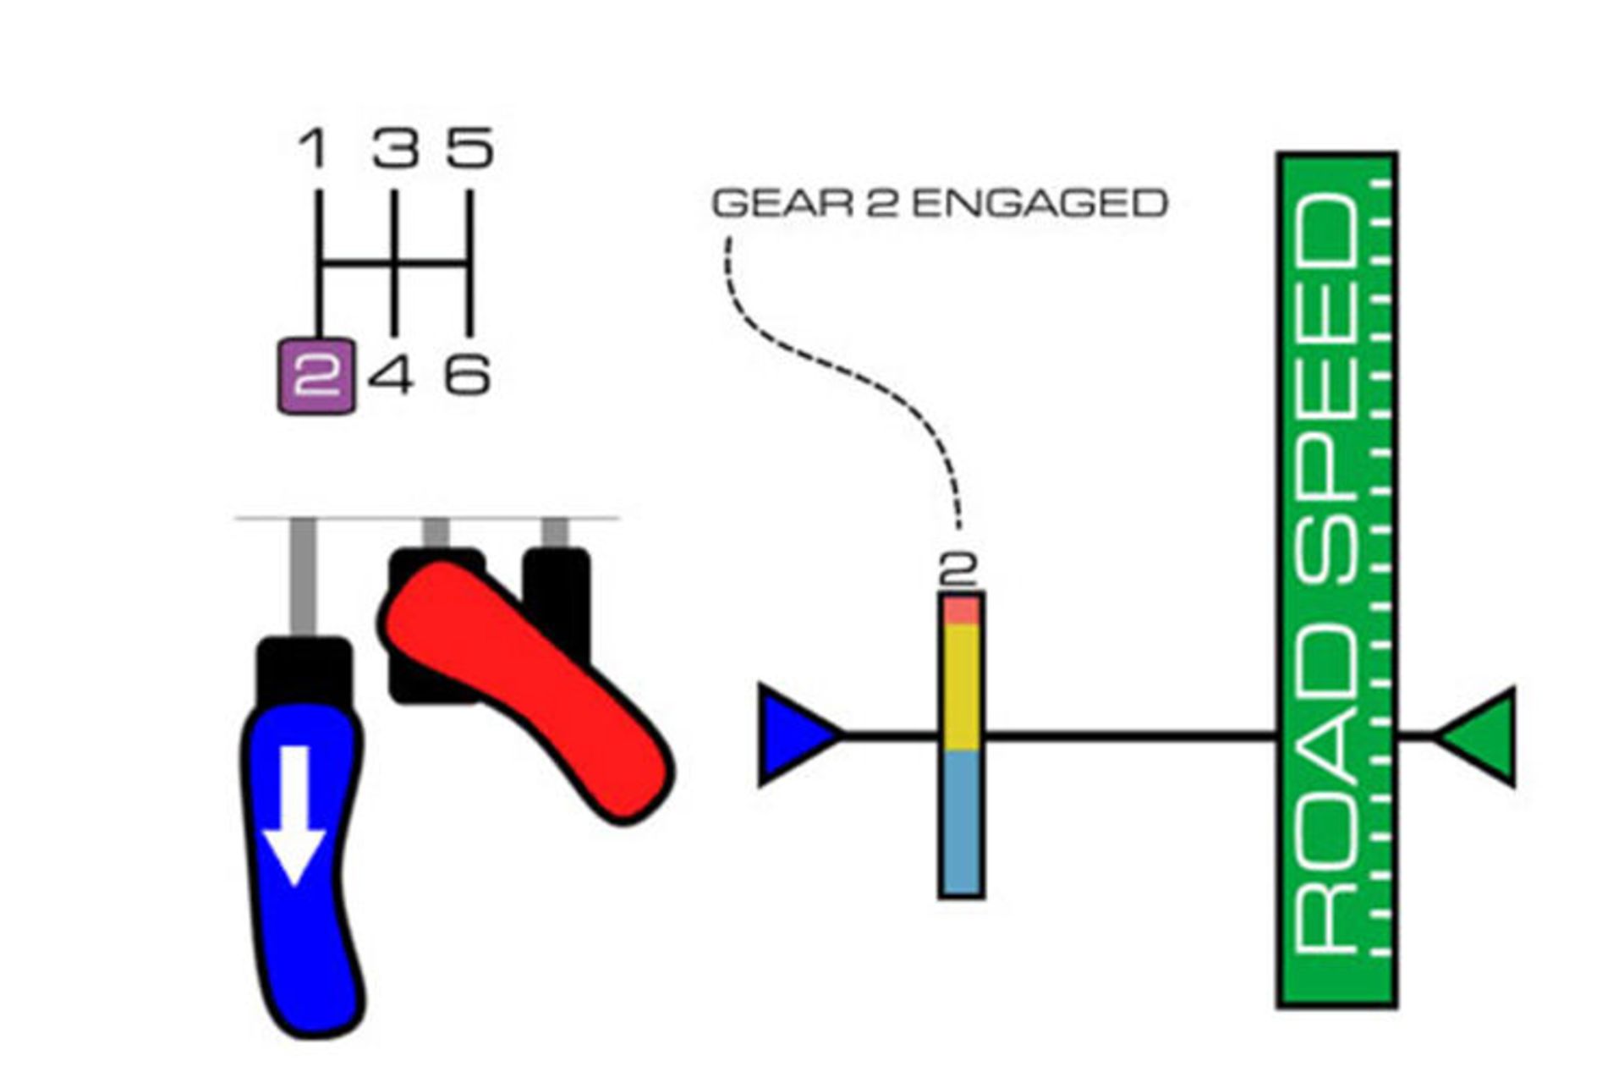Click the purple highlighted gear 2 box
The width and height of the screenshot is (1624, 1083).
[x=316, y=377]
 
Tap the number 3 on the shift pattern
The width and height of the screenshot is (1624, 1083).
[x=396, y=148]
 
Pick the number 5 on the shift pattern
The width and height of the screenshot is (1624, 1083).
[x=470, y=148]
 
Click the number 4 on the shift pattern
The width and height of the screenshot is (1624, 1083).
[x=392, y=375]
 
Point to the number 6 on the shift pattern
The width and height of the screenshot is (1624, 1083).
[x=468, y=375]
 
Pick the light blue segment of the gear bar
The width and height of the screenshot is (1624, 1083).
[x=961, y=821]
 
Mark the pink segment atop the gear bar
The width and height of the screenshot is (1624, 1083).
[x=961, y=610]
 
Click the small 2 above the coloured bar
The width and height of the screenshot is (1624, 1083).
[x=958, y=569]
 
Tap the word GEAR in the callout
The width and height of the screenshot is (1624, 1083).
[x=782, y=204]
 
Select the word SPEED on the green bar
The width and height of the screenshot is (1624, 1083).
[x=1332, y=389]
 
